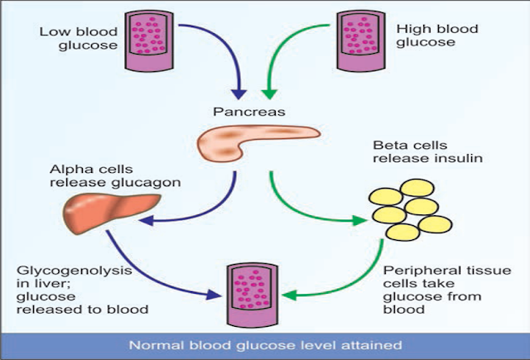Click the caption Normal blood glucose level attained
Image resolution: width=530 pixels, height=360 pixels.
coord(264,344)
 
